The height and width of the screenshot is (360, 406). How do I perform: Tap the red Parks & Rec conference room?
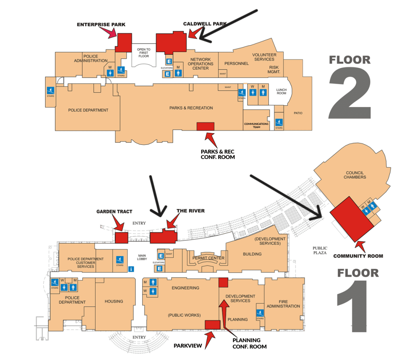pos(205,126)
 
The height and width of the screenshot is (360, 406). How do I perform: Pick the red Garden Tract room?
pos(121,238)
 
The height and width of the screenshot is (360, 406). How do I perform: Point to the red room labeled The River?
pos(163,237)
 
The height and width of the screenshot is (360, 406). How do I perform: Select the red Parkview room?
pos(212,324)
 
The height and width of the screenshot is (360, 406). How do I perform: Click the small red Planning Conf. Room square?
pos(223,282)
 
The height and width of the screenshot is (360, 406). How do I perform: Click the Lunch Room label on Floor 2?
pos(281,92)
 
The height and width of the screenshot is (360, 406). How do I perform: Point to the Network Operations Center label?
pos(201,64)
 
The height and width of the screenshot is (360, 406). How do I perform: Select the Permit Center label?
pos(208,258)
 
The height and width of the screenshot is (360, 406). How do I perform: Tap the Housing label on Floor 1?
pos(114,301)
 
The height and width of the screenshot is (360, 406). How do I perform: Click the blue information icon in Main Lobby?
pos(131,269)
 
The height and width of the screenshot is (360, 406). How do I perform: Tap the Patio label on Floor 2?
pos(298,113)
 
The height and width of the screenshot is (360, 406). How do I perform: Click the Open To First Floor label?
pos(144,53)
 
